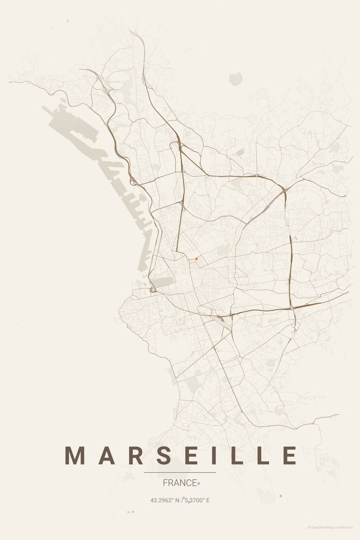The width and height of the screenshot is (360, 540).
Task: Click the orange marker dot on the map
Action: pyautogui.click(x=197, y=259)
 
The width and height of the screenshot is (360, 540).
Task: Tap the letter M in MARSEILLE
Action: pyautogui.click(x=75, y=455)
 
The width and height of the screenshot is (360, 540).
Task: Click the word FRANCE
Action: pyautogui.click(x=180, y=483)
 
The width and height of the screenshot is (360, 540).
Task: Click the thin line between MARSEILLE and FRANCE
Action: pyautogui.click(x=180, y=472)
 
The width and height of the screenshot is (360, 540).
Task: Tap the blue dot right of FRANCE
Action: pyautogui.click(x=199, y=483)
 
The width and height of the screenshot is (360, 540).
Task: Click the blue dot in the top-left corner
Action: pyautogui.click(x=67, y=21)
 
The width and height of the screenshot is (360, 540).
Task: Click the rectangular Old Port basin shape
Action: pyautogui.click(x=162, y=282)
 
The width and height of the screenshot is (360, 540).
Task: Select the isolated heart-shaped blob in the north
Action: pyautogui.click(x=235, y=79)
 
